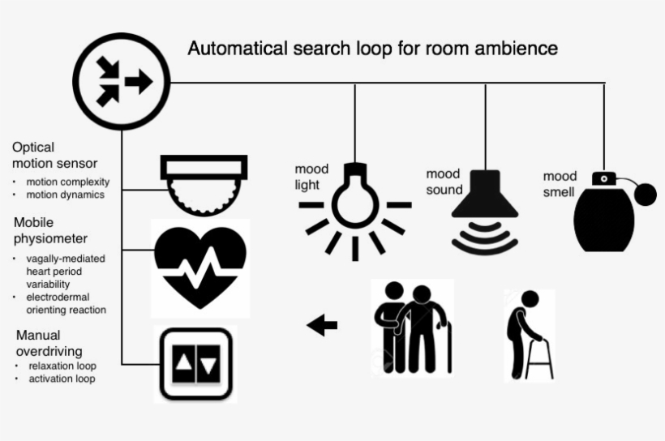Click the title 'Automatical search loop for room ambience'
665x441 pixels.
[x=372, y=49]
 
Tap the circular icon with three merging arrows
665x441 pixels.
[x=122, y=81]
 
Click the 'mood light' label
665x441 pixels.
[x=311, y=177]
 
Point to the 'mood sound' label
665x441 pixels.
[x=444, y=182]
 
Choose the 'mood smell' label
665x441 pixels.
[x=560, y=184]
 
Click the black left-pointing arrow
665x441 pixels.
[x=322, y=326]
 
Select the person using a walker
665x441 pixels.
[x=528, y=333]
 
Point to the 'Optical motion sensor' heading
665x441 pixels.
[x=54, y=156]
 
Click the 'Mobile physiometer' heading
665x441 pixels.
[x=50, y=229]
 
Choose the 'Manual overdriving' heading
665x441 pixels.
[x=49, y=343]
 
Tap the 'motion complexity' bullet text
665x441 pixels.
[x=67, y=182]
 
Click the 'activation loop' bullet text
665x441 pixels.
[x=62, y=379]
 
